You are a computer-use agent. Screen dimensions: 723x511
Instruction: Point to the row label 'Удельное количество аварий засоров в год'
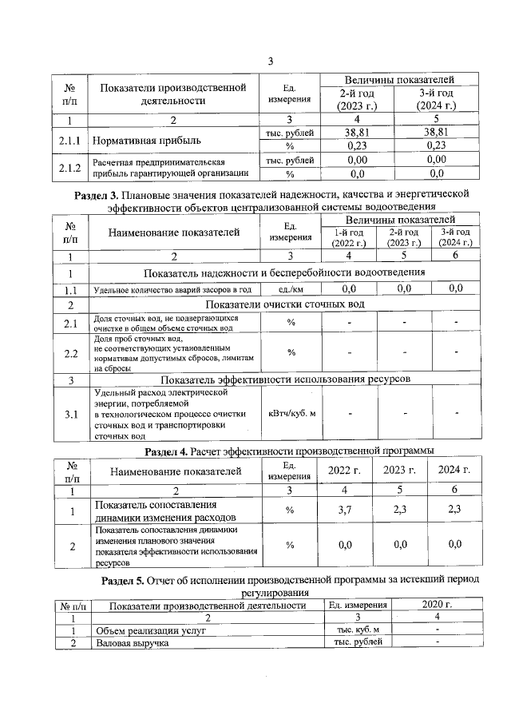click(x=173, y=289)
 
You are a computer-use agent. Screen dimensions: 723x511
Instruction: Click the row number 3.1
click(x=70, y=414)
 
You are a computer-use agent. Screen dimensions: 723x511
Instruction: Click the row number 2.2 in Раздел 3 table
click(x=70, y=352)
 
